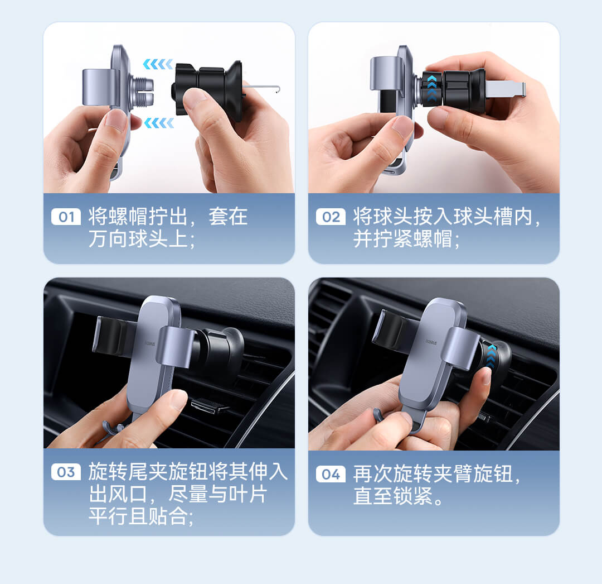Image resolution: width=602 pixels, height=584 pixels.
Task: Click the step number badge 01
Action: pos(66,217)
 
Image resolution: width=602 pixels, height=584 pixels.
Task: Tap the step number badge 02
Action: pos(331,217)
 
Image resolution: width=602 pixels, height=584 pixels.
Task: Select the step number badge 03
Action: pos(66,472)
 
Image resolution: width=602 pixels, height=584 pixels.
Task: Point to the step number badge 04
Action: pos(331,474)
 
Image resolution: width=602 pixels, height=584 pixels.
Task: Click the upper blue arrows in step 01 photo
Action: pos(158,64)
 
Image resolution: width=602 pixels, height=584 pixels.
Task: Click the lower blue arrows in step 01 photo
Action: pos(158,123)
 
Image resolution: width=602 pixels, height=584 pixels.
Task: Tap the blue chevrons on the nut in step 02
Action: pos(431,88)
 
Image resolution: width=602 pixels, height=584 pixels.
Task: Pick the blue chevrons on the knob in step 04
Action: pos(491,356)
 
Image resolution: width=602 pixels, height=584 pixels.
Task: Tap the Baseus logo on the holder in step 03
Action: pos(151,343)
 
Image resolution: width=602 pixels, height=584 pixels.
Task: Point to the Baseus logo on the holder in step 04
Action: pos(431,342)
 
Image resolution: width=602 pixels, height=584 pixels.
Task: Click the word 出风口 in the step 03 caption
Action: pos(118,494)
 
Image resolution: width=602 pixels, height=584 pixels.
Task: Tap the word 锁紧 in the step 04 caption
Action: pos(412,496)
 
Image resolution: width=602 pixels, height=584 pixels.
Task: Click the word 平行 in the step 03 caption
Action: pos(108,516)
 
